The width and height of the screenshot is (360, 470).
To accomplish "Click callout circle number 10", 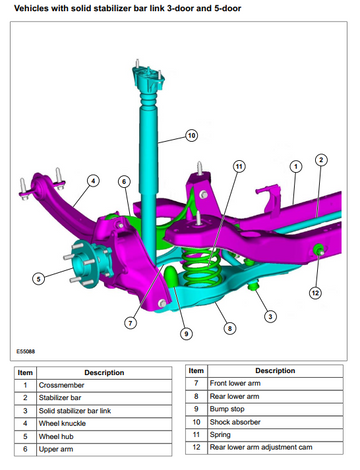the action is coord(191,135).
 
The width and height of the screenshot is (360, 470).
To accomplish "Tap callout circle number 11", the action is coord(239,166).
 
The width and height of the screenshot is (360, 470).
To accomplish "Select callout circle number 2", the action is coord(321,160).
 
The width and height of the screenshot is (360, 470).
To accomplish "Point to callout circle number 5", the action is coord(38,278).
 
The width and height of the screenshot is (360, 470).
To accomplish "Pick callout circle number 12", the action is coord(315,293).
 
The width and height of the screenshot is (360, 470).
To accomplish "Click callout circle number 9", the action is coord(186,333).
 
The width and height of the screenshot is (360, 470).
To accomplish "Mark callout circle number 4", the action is coord(93,181).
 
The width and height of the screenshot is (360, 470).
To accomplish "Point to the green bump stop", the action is coord(172,276).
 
